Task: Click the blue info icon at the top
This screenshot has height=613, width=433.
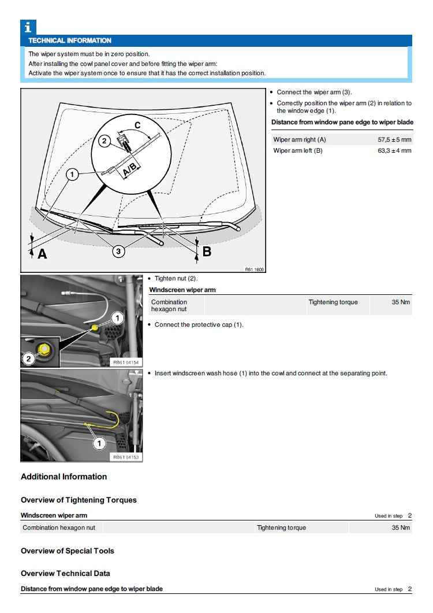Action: [x=28, y=27]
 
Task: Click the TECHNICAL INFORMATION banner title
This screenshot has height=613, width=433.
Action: [x=70, y=40]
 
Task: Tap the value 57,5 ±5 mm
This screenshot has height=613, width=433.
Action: [x=394, y=140]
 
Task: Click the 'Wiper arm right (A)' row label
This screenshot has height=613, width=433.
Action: [x=300, y=140]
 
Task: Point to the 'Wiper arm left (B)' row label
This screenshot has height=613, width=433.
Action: [x=298, y=150]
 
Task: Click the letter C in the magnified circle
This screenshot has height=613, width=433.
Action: [x=137, y=125]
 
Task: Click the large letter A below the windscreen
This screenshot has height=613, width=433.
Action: [x=42, y=253]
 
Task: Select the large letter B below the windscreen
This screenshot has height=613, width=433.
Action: [x=206, y=252]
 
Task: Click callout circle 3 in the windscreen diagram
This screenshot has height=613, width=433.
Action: [x=118, y=251]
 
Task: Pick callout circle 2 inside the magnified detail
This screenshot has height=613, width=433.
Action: [x=104, y=141]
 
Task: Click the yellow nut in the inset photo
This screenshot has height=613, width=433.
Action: [x=42, y=349]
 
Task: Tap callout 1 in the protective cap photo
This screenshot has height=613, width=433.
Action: [x=117, y=317]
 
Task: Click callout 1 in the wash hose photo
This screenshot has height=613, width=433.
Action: [x=99, y=443]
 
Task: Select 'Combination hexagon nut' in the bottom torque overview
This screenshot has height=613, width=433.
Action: [x=59, y=527]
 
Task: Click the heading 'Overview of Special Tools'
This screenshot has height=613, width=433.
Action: [x=67, y=551]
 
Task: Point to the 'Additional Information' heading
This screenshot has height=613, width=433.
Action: [x=64, y=477]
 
